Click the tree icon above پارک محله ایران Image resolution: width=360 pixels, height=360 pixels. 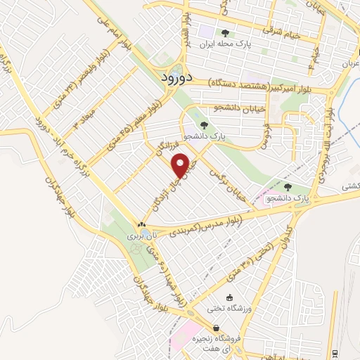coord(225,32)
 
